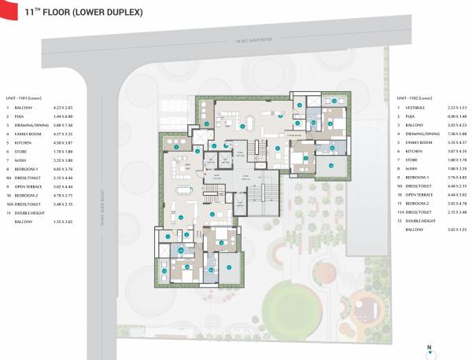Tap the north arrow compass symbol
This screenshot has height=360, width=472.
coord(429,348)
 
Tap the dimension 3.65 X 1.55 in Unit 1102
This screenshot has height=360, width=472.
coord(456,230)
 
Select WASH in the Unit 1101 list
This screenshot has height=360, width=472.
coord(21,159)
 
